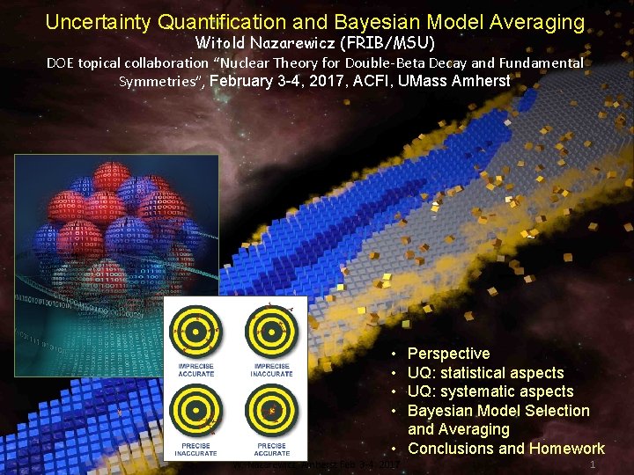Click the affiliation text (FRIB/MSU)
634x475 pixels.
click(402, 42)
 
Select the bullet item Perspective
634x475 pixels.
click(448, 354)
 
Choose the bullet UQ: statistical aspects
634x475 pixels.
click(485, 373)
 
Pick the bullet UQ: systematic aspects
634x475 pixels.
click(490, 391)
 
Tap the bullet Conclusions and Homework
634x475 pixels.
click(506, 449)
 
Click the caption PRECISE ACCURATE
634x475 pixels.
click(272, 449)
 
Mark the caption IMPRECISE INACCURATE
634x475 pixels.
click(272, 370)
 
